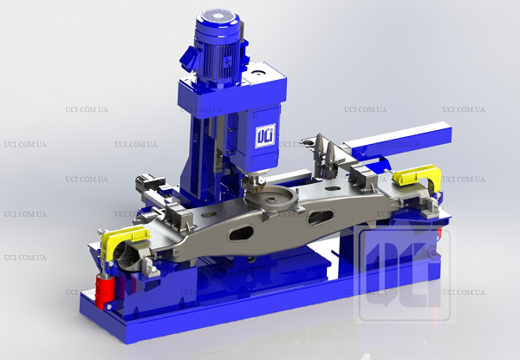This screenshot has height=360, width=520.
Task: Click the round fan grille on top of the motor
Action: coord(218,16)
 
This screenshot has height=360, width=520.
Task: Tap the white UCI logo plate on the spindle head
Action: coord(265,135)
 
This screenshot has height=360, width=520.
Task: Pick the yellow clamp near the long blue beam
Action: coord(419,176)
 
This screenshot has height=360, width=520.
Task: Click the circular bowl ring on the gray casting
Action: coord(271,200)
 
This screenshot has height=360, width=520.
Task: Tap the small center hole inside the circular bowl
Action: coord(271,200)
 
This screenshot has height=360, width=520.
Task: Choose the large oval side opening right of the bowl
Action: coord(320,218)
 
